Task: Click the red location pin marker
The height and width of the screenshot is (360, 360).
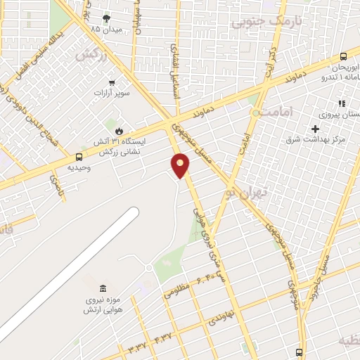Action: [181, 165]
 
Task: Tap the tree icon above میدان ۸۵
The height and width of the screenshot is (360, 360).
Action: [106, 18]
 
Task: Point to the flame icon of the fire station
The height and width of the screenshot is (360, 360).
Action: [119, 131]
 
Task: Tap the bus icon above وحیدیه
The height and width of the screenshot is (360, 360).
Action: [78, 157]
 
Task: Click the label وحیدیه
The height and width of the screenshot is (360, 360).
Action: [79, 169]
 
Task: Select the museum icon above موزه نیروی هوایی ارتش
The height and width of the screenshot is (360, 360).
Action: [103, 288]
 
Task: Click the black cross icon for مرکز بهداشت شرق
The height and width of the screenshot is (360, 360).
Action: [315, 128]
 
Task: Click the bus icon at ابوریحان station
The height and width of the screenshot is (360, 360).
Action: [343, 56]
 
